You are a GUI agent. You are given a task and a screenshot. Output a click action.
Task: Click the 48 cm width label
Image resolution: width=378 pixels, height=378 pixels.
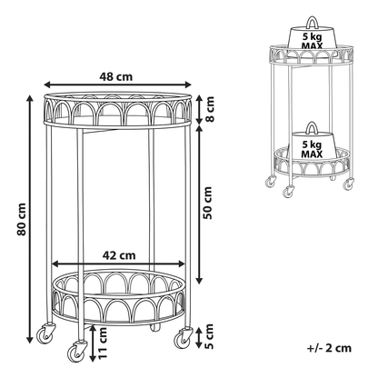click(x=116, y=76)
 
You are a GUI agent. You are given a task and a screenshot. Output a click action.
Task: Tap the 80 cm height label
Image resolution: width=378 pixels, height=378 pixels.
click(x=22, y=220)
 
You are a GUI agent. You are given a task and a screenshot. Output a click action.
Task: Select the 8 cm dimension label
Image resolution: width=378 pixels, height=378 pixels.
click(x=209, y=109)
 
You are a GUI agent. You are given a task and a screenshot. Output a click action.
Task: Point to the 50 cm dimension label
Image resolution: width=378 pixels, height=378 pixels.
click(x=208, y=203)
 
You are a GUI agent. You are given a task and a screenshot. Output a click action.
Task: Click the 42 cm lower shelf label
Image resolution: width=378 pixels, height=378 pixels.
click(x=119, y=255)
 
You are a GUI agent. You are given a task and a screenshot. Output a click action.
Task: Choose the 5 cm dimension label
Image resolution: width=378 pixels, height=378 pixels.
click(x=209, y=336)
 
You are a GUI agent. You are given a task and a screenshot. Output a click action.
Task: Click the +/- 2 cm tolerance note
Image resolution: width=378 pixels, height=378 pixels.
click(x=329, y=348)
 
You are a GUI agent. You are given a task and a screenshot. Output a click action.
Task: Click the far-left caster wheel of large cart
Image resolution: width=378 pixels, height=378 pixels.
click(x=45, y=333)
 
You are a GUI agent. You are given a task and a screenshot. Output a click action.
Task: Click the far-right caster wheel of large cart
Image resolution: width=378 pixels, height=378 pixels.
click(x=183, y=338)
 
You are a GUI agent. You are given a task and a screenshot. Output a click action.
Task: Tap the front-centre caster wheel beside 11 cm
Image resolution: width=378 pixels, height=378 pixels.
click(x=75, y=352)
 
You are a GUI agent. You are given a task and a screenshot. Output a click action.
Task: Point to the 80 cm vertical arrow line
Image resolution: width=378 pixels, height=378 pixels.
click(x=30, y=219)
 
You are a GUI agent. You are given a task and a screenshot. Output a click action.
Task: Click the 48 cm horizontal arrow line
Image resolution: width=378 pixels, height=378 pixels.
click(x=118, y=85)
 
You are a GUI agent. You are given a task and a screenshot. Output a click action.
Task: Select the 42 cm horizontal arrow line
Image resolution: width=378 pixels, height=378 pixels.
click(x=118, y=264)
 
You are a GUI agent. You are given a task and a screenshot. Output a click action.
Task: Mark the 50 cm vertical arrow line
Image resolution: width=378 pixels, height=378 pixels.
click(x=199, y=204)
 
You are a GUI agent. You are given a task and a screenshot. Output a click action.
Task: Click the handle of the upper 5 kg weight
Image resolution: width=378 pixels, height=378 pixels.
click(x=312, y=22)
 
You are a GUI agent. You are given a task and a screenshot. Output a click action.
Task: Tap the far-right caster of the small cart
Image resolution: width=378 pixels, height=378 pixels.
click(x=348, y=184)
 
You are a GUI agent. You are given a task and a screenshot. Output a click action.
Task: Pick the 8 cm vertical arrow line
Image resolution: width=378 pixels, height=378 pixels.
click(x=199, y=109)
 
